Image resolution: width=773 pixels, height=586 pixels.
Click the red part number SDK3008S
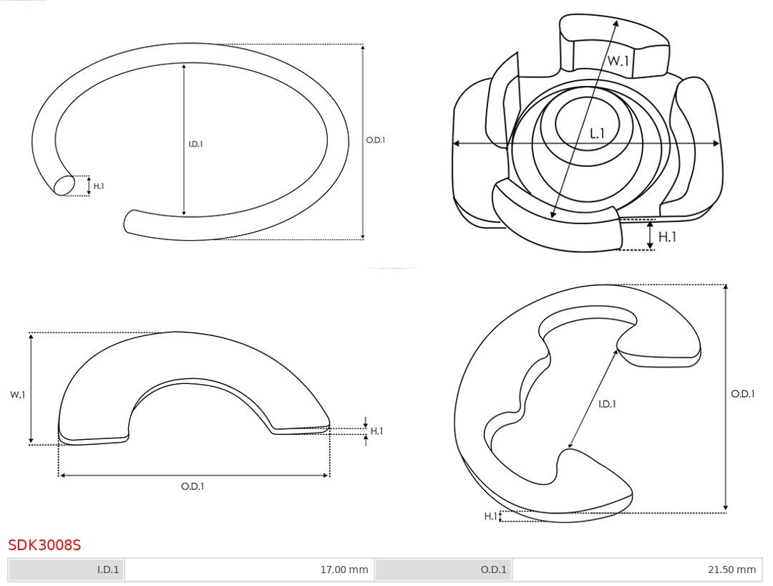[44, 544]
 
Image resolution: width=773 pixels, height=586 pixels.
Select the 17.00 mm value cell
[250, 570]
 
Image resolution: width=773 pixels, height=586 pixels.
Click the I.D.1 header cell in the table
[66, 570]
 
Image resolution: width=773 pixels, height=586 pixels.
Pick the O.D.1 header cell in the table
[443, 570]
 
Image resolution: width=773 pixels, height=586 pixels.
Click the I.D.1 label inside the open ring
[195, 144]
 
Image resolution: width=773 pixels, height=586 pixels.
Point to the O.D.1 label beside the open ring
[376, 140]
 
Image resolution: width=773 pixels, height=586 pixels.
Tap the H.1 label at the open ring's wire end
[99, 186]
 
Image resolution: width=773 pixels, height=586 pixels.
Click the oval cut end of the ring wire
[64, 186]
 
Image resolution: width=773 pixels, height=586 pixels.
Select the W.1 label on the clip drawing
[618, 61]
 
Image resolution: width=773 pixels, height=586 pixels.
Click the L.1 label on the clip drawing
[597, 133]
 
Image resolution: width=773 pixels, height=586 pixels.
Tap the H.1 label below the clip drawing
[667, 237]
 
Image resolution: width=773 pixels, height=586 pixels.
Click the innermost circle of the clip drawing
[587, 123]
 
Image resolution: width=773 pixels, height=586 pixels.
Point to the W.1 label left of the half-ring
[18, 395]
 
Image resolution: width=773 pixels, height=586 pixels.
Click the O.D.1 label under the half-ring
[193, 486]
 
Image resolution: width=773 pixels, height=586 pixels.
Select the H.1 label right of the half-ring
[376, 431]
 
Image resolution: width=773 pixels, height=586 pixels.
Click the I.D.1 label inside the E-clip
[607, 404]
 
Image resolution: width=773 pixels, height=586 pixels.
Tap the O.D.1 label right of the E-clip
[742, 393]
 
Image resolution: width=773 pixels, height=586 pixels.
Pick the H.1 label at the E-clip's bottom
[490, 517]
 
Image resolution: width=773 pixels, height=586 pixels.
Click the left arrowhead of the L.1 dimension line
[456, 143]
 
